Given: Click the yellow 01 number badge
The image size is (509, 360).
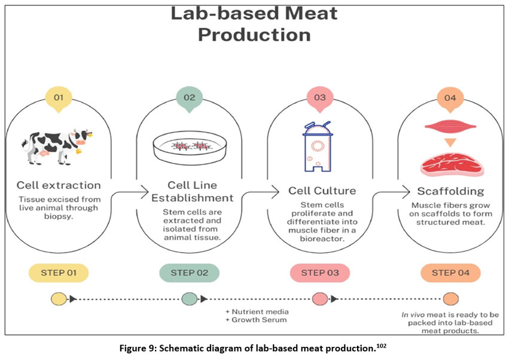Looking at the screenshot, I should pos(59,97).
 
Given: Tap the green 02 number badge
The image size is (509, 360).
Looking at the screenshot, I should pos(189,97).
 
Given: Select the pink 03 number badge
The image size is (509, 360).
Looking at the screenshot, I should pos(319,97).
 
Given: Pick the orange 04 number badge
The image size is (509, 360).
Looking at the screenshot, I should pos(450,97).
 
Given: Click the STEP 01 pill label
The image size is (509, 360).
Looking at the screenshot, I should pos(59,273).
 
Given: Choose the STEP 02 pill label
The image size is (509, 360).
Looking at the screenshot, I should pos(189,273).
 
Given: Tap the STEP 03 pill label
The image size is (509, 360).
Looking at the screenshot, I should pos(319,273).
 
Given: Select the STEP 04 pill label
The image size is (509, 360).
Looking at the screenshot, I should pos(450,273).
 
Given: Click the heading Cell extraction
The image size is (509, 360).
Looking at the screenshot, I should pos(59,185).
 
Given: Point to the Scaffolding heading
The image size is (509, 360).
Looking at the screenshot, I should pos(450,191).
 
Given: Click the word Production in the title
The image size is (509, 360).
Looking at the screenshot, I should pos(254,35).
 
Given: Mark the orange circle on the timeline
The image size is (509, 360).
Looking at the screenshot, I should pos(450,298).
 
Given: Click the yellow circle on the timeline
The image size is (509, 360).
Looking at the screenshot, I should pos(59,298).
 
